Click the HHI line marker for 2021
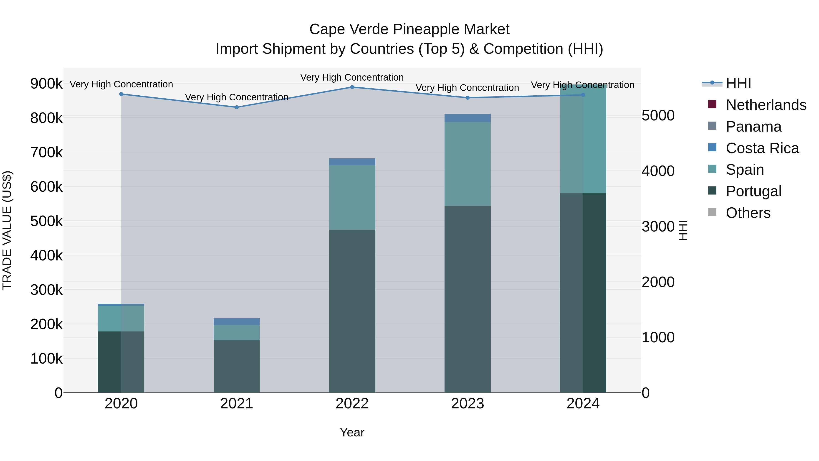pyautogui.click(x=237, y=107)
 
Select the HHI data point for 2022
pyautogui.click(x=352, y=87)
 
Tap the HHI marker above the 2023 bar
pyautogui.click(x=467, y=98)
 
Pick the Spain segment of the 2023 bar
pyautogui.click(x=467, y=164)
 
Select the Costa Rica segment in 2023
pyautogui.click(x=467, y=118)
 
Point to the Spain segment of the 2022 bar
pyautogui.click(x=352, y=197)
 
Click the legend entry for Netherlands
pyautogui.click(x=766, y=105)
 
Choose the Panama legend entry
pyautogui.click(x=753, y=127)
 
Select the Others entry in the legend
pyautogui.click(x=748, y=213)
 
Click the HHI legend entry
pyautogui.click(x=738, y=83)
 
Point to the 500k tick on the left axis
pyautogui.click(x=46, y=221)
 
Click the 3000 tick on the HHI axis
pyautogui.click(x=658, y=227)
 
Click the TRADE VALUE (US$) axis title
pyautogui.click(x=7, y=230)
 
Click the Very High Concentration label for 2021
pyautogui.click(x=237, y=97)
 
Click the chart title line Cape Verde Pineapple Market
pyautogui.click(x=409, y=29)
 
